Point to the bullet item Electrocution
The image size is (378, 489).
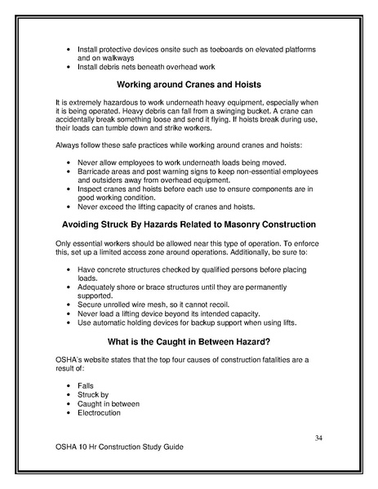coord(100,412)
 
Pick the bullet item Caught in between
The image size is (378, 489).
coord(109,402)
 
